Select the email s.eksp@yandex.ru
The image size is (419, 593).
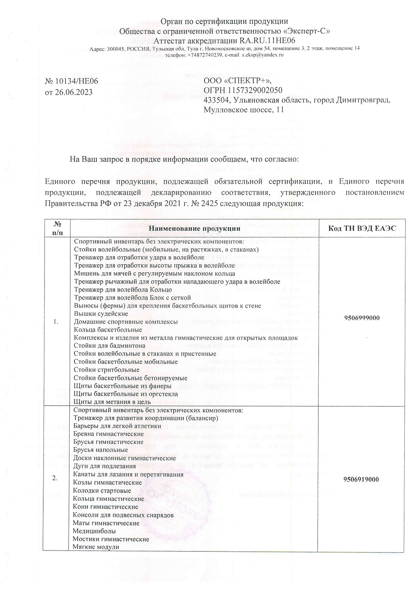tap(263, 54)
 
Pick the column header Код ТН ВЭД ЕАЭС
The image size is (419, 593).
tap(362, 229)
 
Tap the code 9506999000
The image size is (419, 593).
tap(362, 318)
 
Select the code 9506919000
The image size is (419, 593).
tap(361, 479)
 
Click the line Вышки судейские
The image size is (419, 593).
tap(96, 314)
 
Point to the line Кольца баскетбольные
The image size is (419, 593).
tap(108, 330)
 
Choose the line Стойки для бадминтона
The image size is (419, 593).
tap(109, 346)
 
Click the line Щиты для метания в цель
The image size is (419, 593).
tap(112, 402)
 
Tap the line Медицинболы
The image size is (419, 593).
tap(94, 531)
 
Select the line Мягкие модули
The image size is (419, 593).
tap(96, 547)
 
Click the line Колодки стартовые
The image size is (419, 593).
tap(102, 491)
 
